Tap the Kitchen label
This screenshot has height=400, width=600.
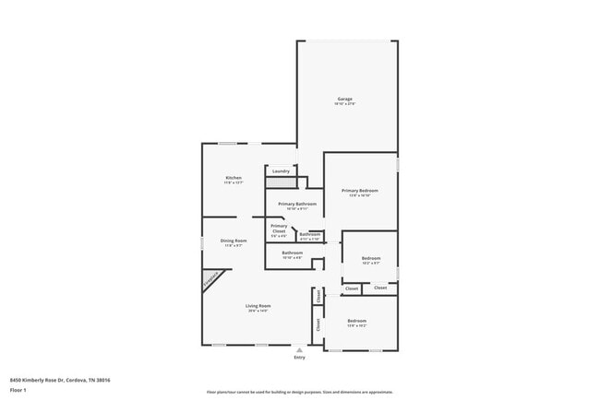(x=234, y=177)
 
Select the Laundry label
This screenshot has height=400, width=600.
(x=282, y=171)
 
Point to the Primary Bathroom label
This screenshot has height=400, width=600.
(x=297, y=204)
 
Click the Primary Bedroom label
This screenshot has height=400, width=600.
(x=359, y=190)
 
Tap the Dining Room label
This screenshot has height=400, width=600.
(x=234, y=241)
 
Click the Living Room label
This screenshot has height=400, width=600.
(x=258, y=305)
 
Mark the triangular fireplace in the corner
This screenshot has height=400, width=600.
(x=210, y=279)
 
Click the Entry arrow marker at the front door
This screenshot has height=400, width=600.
(x=299, y=349)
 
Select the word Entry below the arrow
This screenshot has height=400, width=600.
(x=299, y=357)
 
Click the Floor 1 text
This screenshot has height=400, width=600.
(x=18, y=391)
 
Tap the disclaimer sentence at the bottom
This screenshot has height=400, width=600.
(x=299, y=392)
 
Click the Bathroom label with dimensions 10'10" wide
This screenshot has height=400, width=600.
(x=293, y=252)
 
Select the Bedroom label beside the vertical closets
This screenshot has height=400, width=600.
(x=357, y=321)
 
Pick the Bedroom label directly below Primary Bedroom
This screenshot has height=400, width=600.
(x=370, y=258)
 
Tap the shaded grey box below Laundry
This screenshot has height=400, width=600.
(x=281, y=183)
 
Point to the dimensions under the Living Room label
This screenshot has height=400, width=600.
(x=258, y=311)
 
